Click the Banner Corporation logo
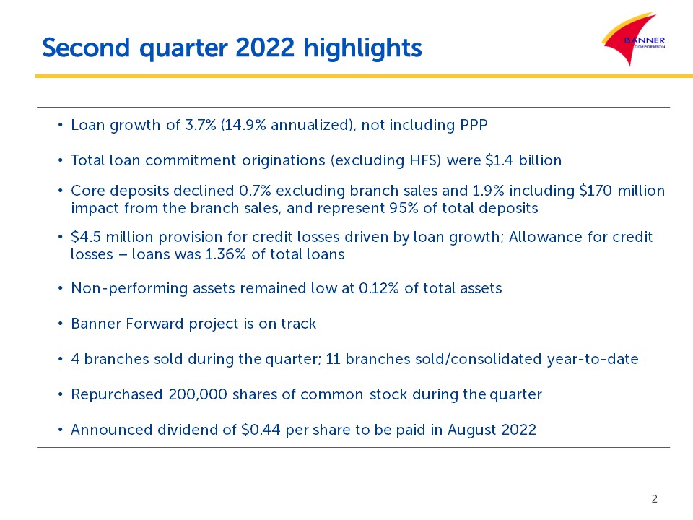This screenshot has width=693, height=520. tap(633, 39)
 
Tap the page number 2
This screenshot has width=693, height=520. tap(655, 499)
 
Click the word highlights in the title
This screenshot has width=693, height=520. tap(362, 48)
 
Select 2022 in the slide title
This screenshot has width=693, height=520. tap(265, 48)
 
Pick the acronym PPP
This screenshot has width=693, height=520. tap(474, 125)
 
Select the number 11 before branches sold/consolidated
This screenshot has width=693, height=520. tap(333, 359)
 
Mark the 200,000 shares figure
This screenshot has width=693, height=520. tap(198, 394)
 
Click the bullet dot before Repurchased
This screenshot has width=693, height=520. tap(60, 394)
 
